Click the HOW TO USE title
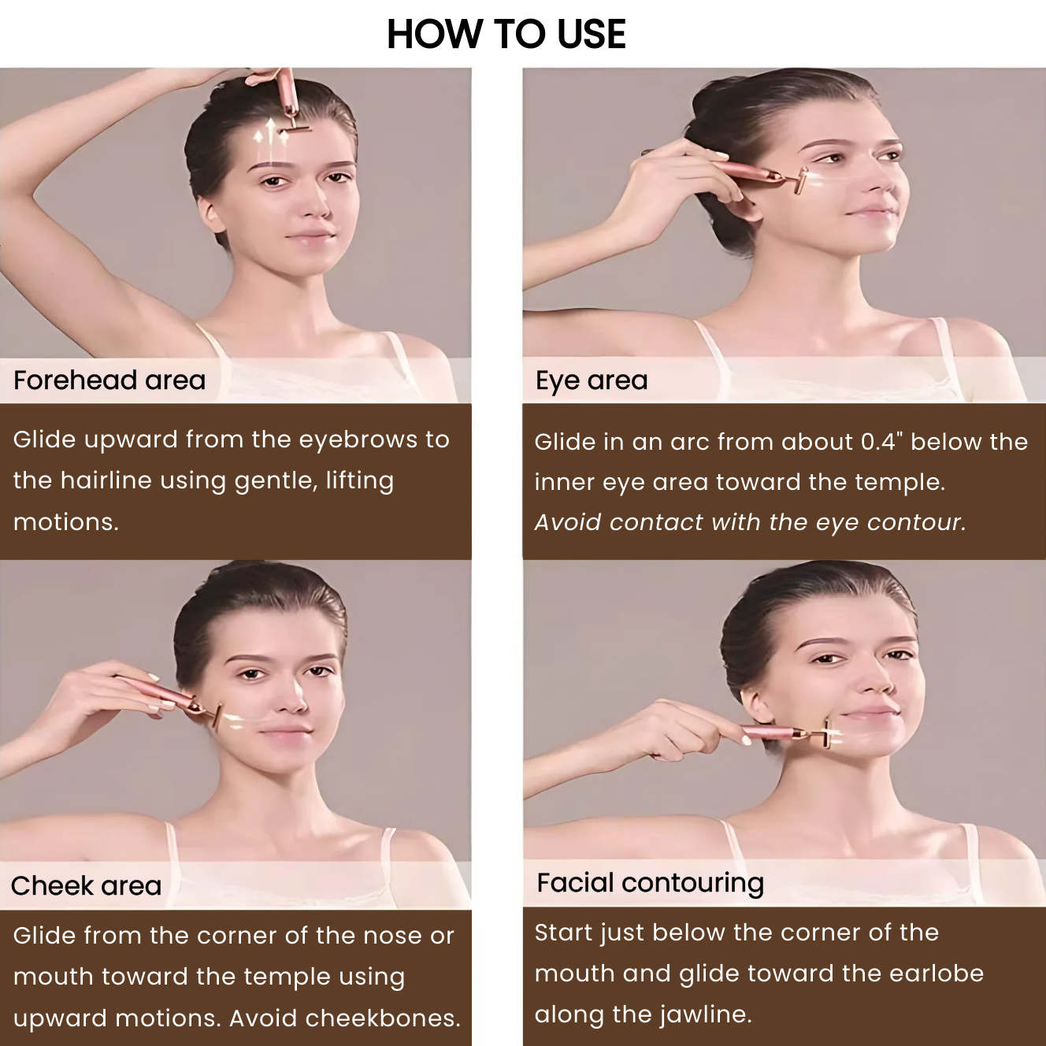506,34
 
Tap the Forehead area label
109,380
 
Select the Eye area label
592,380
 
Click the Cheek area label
87,886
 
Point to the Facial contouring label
651,883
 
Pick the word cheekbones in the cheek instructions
383,1018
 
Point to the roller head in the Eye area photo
801,181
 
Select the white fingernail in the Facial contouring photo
746,739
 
